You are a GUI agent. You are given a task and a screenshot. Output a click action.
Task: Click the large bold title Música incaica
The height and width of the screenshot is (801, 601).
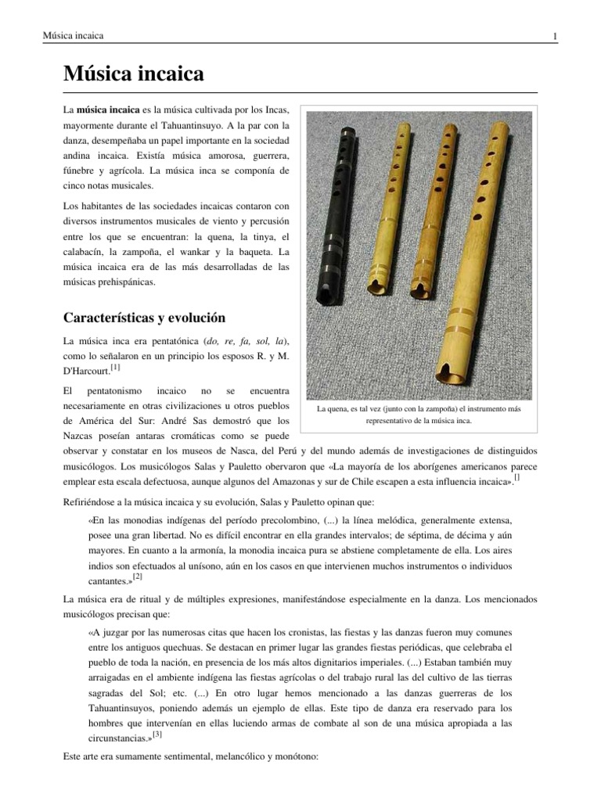pos(133,75)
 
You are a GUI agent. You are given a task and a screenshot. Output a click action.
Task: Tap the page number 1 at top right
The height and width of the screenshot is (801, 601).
pos(554,36)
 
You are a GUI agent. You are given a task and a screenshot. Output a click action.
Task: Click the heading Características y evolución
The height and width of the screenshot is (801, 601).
pos(144,318)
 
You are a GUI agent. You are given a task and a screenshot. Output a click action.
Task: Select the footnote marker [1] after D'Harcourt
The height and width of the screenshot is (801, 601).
pos(115,366)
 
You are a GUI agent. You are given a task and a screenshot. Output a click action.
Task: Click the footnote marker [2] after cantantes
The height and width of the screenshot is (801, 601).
pos(137,577)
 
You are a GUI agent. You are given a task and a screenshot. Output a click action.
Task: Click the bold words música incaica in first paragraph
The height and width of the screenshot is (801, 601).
pos(108,109)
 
